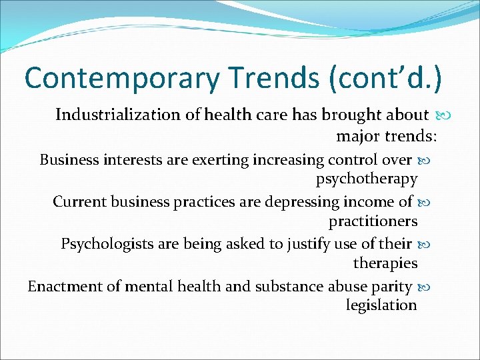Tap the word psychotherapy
coord(367,179)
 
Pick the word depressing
coord(293,201)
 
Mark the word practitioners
coord(373,221)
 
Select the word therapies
coord(385,263)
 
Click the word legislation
coord(381,305)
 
